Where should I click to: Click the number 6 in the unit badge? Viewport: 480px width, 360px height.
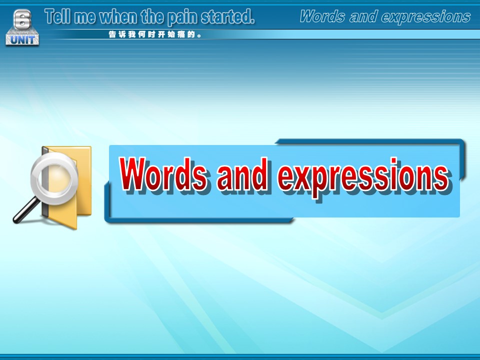coord(22,19)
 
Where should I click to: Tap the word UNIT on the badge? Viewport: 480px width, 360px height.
coord(22,40)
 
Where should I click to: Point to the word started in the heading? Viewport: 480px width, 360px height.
coord(227,17)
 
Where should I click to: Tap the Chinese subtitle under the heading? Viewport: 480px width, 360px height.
coord(155,34)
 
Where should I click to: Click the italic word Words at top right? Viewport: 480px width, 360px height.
coord(322,16)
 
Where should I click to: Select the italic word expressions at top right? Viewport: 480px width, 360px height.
coord(426,17)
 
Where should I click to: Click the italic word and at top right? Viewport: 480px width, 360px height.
coord(363,16)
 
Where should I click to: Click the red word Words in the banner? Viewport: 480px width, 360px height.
coord(162,174)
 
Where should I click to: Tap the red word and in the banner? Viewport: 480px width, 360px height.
coord(242,174)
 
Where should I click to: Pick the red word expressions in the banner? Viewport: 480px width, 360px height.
coord(363,177)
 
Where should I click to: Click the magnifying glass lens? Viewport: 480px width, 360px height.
coord(54,178)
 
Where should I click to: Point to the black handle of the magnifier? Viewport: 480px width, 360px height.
coord(25,210)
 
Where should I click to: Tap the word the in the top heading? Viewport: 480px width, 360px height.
coord(153,16)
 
